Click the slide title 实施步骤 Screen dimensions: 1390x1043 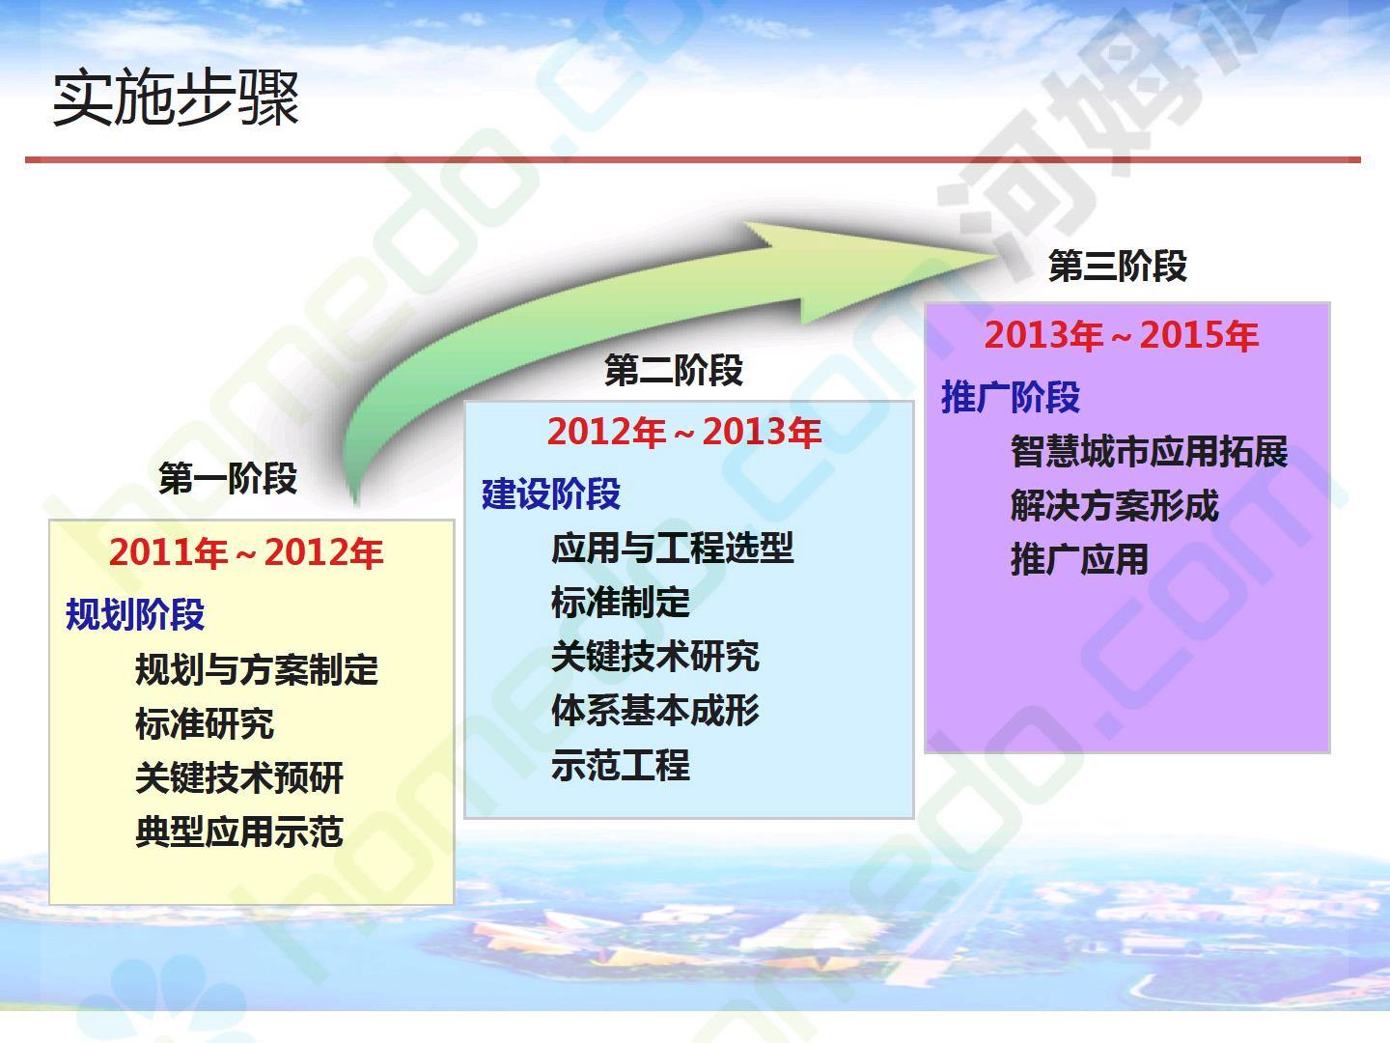click(176, 99)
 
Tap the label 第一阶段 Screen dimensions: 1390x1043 click(228, 478)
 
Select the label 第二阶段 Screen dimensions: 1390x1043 click(674, 371)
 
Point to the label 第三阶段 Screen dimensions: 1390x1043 click(1118, 266)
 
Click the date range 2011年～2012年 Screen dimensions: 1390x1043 click(246, 552)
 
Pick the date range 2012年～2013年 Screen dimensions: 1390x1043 click(684, 432)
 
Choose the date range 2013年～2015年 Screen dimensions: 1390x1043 click(1122, 335)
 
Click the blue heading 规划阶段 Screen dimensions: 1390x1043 click(135, 613)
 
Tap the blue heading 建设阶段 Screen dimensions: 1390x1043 click(551, 493)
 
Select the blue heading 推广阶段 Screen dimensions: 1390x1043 click(1011, 397)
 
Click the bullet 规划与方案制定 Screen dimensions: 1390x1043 click(257, 669)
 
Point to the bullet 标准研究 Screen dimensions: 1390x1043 click(205, 723)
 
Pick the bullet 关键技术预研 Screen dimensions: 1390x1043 click(239, 777)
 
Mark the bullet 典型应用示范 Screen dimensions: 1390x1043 click(239, 832)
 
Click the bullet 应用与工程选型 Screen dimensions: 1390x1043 click(673, 548)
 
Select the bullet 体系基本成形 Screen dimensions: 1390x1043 click(655, 710)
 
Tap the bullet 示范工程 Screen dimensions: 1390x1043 click(621, 764)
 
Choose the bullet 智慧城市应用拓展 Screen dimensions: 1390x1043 click(1150, 452)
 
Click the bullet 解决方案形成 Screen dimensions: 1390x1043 click(1115, 505)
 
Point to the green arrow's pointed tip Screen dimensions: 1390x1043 click(999, 255)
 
